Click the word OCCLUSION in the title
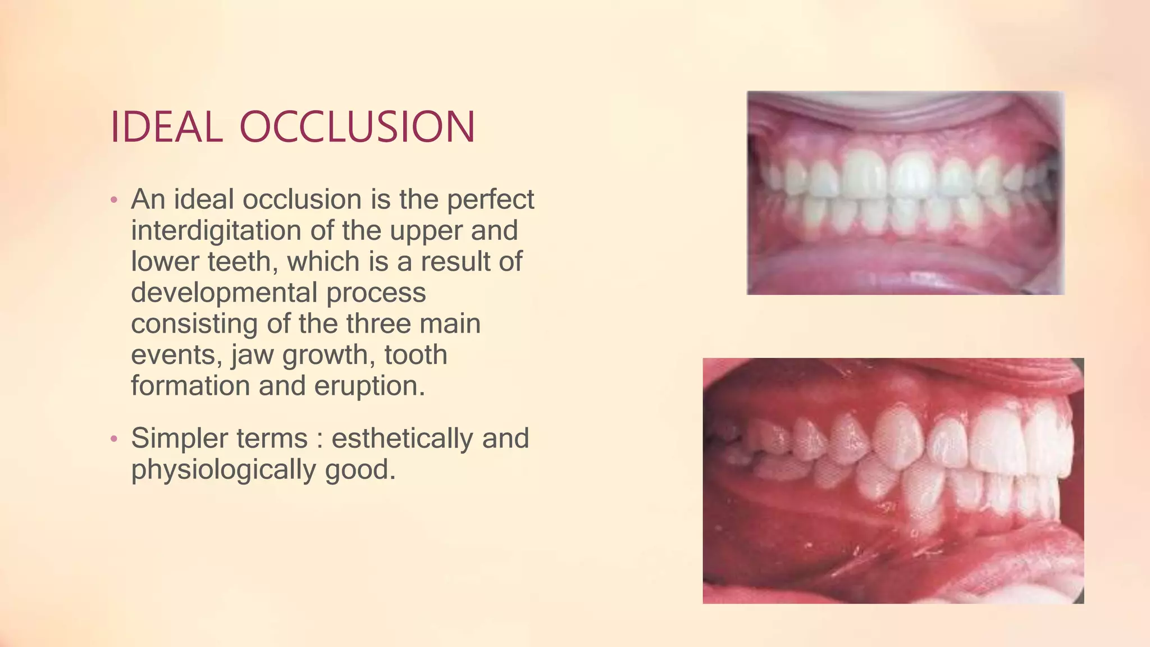(358, 127)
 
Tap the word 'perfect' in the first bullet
(490, 201)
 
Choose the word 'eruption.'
(369, 386)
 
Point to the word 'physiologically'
(223, 470)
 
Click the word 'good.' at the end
(360, 470)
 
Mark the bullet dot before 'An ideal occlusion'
(114, 200)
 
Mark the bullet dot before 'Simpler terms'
(114, 439)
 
